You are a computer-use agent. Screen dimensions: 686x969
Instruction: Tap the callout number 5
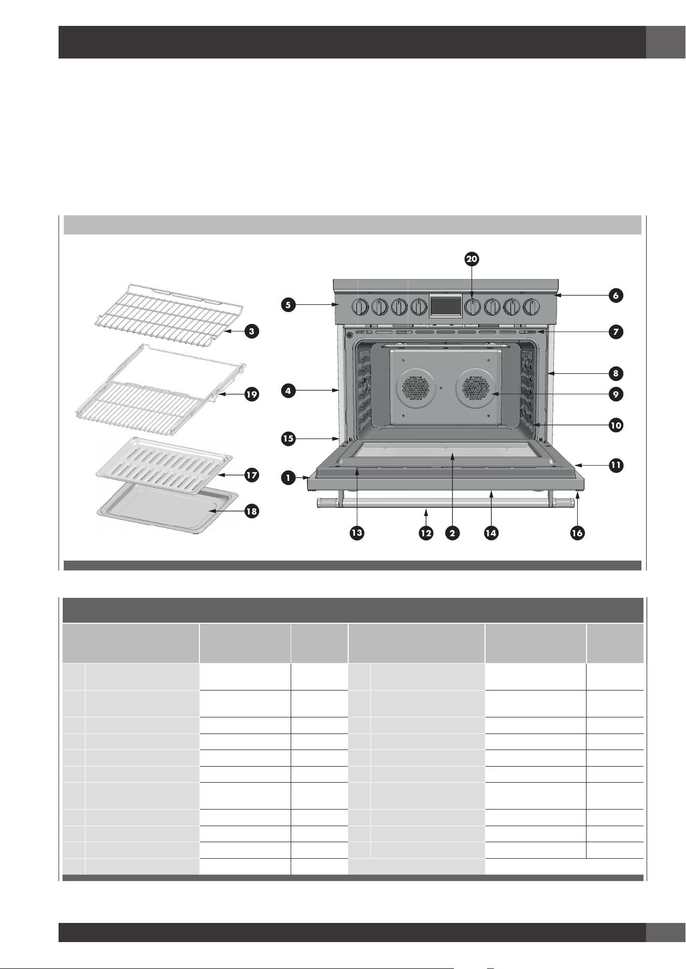(289, 305)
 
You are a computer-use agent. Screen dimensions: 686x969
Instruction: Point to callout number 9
(615, 394)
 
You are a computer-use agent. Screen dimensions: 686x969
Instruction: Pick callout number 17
(252, 475)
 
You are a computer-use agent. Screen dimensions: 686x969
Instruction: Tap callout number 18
(252, 511)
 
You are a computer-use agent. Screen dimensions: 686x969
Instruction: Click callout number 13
(356, 533)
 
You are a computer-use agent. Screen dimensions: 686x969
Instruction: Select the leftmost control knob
(360, 307)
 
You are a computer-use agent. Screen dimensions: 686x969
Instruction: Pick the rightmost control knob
(531, 307)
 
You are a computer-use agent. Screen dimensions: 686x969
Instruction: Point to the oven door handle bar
(446, 503)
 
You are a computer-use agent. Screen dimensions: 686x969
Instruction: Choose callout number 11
(616, 465)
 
